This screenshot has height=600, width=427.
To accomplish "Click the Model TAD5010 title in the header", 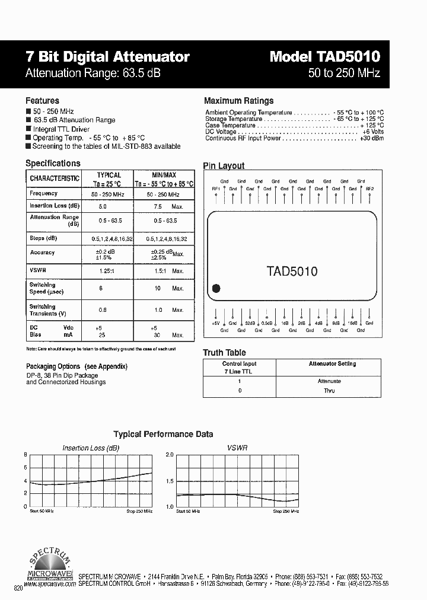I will pos(324,56).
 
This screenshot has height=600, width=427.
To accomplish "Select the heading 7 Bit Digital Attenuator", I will pos(107,57).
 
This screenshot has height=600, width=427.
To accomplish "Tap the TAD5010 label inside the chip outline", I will pos(292,272).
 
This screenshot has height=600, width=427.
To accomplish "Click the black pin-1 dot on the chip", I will pos(216,289).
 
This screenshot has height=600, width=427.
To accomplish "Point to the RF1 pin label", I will pos(216,189).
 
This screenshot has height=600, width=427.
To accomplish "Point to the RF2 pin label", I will pos(370,189).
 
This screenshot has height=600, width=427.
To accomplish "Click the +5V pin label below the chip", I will pos(216,323).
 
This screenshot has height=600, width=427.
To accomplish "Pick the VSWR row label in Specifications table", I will pos(37,270).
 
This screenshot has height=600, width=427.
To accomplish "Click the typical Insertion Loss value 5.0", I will pos(103,207).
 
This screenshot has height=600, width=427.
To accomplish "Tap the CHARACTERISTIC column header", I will pos(55,178).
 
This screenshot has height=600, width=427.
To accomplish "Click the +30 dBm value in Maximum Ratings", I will pos(371,138).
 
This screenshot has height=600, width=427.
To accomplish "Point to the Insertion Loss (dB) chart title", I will pos(91,448).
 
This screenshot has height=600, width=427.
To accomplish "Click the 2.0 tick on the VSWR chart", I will pos(169,455).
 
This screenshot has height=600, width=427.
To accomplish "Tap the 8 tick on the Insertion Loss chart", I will pos(26,455).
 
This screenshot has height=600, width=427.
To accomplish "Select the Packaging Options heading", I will pos(77,366).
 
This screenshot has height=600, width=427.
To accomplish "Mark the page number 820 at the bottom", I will pos(18,588).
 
